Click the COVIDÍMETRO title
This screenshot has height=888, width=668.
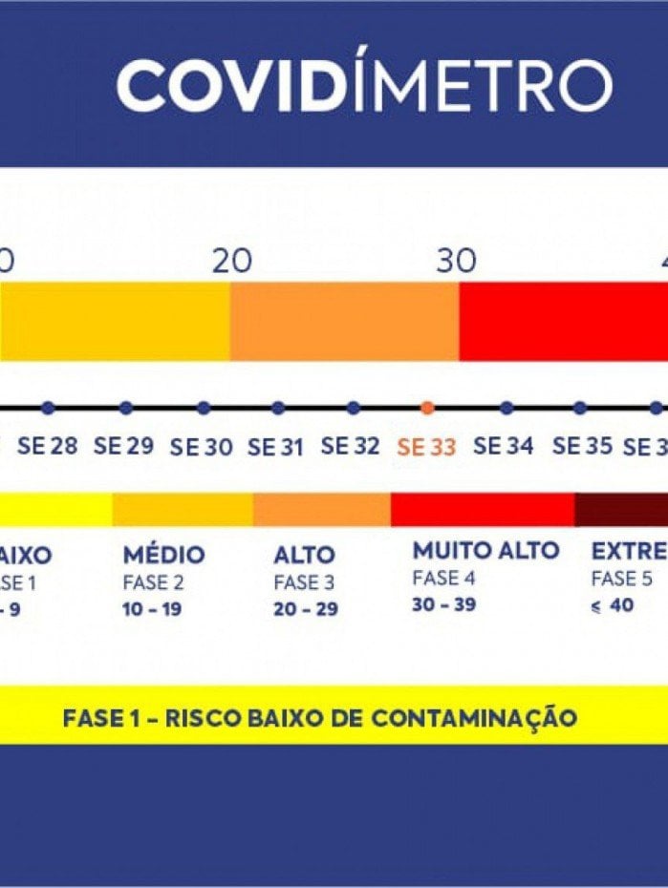[x=364, y=85]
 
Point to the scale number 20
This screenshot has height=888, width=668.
[x=231, y=261]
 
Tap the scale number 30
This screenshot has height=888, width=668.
[x=457, y=261]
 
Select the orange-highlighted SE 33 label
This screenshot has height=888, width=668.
[x=426, y=447]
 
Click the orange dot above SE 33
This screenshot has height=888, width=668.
[x=427, y=408]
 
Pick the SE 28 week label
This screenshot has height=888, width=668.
[x=47, y=446]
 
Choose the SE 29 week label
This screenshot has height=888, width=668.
[x=123, y=446]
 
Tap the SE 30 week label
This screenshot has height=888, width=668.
[x=201, y=447]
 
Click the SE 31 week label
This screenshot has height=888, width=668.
[x=277, y=446]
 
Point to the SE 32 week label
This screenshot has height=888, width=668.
[x=350, y=446]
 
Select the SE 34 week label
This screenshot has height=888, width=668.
[x=503, y=446]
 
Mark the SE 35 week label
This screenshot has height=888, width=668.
[x=580, y=446]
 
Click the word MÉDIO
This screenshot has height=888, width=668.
[x=163, y=555]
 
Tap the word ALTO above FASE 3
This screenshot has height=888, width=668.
[x=304, y=555]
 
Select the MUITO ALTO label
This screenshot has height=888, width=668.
[x=485, y=551]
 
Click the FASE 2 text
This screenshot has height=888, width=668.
[x=153, y=582]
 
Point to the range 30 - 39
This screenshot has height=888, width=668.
[x=443, y=604]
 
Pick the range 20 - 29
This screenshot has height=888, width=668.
[x=305, y=609]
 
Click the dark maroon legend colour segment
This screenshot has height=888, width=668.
[x=621, y=510]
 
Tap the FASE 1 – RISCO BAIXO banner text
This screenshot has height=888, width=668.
[x=320, y=717]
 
